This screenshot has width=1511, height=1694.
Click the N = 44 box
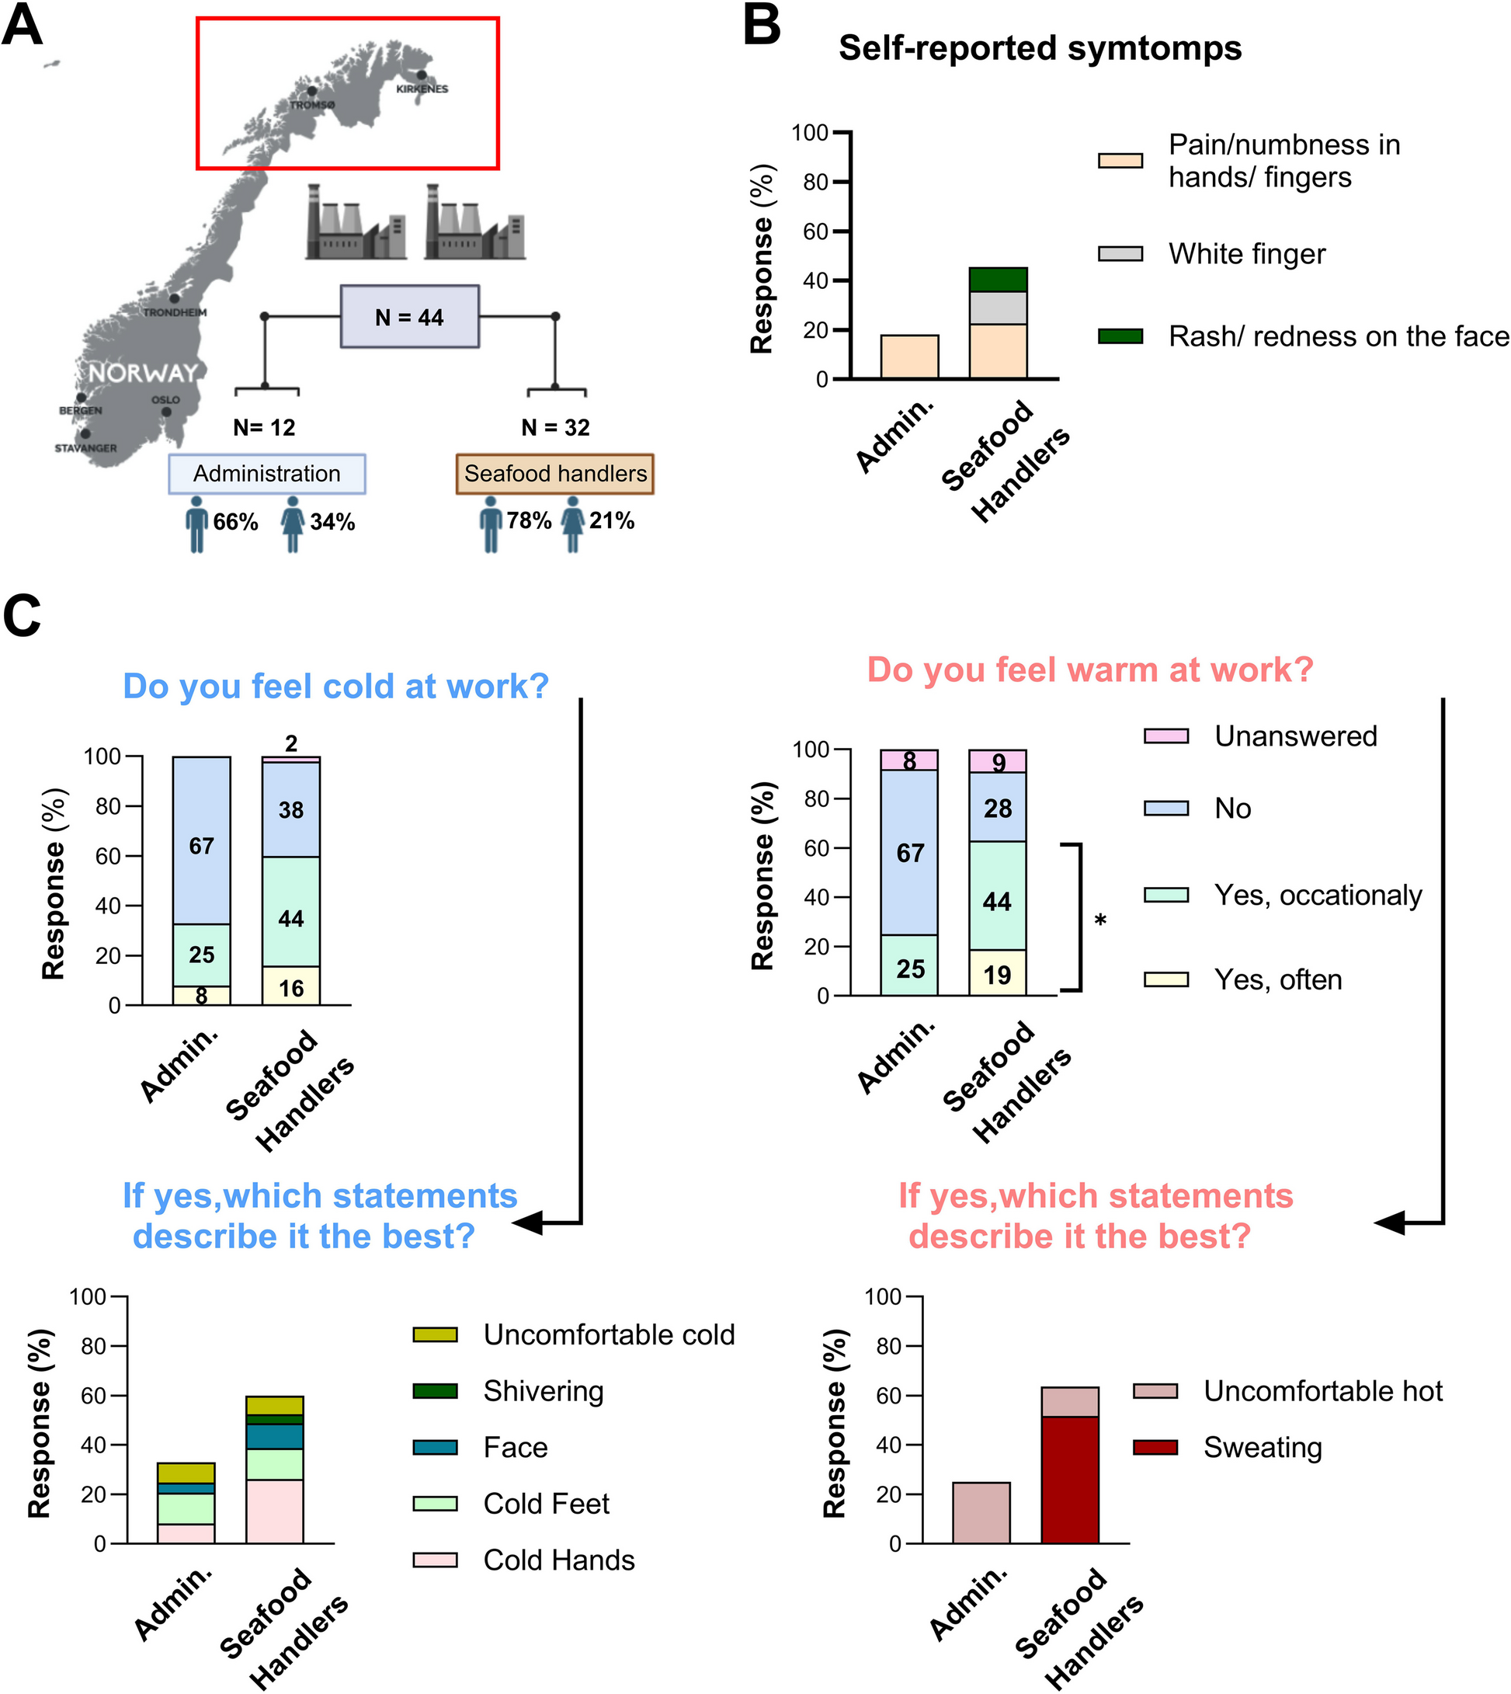pyautogui.click(x=409, y=316)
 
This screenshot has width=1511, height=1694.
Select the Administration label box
pyautogui.click(x=266, y=474)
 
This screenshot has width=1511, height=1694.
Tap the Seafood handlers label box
pyautogui.click(x=554, y=474)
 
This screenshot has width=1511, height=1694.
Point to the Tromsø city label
pyautogui.click(x=312, y=105)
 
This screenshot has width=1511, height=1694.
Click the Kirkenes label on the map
pyautogui.click(x=422, y=89)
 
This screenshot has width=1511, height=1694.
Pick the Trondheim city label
pyautogui.click(x=175, y=312)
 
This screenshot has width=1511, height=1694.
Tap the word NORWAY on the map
pyautogui.click(x=143, y=373)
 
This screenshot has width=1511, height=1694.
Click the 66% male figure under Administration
pyautogui.click(x=196, y=524)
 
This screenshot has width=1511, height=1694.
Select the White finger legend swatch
pyautogui.click(x=1120, y=254)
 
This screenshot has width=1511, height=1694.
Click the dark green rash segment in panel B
pyautogui.click(x=998, y=280)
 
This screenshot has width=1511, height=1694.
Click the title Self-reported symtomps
pyautogui.click(x=1040, y=48)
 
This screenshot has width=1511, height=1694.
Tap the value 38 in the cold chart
pyautogui.click(x=290, y=809)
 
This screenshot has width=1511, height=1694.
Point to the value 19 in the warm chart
pyautogui.click(x=997, y=974)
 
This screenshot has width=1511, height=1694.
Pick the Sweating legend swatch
pyautogui.click(x=1155, y=1447)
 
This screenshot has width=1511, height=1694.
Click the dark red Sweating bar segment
pyautogui.click(x=1069, y=1480)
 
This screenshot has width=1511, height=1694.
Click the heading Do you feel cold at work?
pyautogui.click(x=335, y=687)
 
